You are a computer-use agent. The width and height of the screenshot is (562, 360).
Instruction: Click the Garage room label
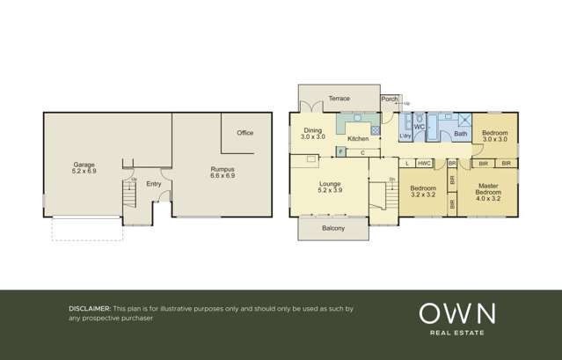84,165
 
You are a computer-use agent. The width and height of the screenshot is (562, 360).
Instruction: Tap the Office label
245,133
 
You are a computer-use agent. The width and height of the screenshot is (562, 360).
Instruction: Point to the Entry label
154,184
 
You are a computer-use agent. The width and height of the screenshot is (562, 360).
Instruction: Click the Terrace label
339,99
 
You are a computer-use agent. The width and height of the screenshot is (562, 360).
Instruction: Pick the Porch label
390,99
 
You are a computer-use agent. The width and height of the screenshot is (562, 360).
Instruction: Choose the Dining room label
313,130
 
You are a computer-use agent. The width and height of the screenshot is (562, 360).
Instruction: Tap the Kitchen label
358,139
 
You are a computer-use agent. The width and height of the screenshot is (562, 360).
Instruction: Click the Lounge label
330,184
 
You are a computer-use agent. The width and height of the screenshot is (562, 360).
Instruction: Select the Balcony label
333,229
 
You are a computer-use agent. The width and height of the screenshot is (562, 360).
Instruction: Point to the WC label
419,127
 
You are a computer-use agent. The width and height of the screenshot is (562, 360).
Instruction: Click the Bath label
461,134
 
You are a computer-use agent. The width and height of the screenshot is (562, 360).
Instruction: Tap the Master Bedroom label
488,188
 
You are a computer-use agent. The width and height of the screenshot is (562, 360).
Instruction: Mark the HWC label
424,164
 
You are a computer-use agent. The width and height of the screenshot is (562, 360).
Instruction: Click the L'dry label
405,136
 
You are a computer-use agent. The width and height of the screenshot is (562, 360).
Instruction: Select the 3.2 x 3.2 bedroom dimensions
423,195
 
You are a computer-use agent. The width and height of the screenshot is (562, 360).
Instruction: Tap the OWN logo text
456,313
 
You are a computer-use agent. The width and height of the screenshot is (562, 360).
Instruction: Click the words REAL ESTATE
456,333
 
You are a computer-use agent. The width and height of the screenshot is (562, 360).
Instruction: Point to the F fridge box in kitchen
340,152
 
